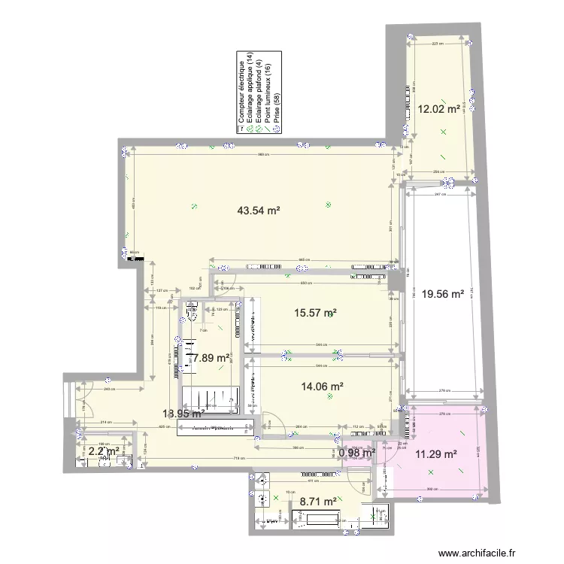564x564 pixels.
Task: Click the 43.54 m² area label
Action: (x=258, y=211)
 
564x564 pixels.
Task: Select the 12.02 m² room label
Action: (x=438, y=109)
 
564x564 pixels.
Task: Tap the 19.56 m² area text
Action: (x=442, y=295)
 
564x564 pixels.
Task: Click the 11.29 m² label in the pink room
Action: (x=438, y=453)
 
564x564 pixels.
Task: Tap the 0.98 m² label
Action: (x=356, y=453)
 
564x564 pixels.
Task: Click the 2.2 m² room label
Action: (x=105, y=451)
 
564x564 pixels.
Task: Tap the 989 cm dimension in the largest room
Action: (x=260, y=154)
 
